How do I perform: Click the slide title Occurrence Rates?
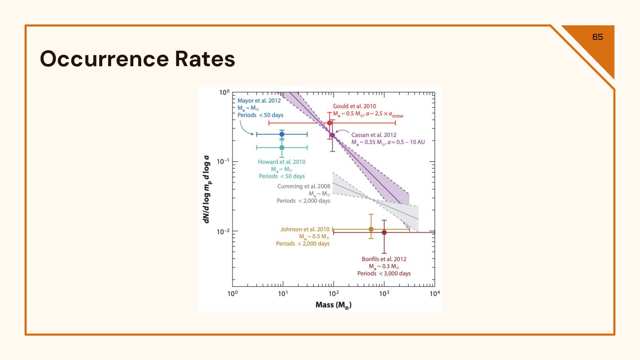(x=137, y=59)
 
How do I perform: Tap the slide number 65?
(x=598, y=37)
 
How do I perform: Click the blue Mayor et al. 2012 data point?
(x=282, y=134)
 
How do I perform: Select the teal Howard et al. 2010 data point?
(x=282, y=148)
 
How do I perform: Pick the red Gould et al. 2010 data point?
(x=330, y=123)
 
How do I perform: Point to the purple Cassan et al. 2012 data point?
(x=332, y=135)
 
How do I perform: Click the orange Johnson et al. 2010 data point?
(x=371, y=229)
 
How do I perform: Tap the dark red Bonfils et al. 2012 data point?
(x=384, y=232)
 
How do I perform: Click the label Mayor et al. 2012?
(x=259, y=101)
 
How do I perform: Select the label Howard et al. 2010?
(x=282, y=162)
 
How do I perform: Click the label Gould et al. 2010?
(x=355, y=106)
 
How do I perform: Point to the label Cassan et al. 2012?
(x=374, y=135)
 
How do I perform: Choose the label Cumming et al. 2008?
(x=304, y=186)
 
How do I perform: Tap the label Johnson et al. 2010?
(x=305, y=229)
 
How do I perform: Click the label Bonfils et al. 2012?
(x=384, y=259)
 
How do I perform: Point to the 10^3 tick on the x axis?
(x=384, y=294)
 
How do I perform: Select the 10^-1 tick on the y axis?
(x=223, y=162)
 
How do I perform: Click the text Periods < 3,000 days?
(x=384, y=273)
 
